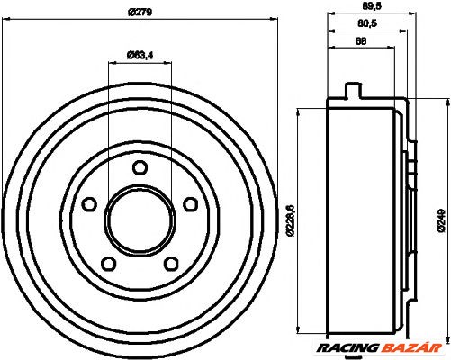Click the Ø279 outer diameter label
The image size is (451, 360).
click(138, 12)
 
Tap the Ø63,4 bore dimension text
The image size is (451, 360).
click(137, 56)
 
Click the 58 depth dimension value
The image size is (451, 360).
click(361, 41)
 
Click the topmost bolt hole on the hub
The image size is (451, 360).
click(139, 167)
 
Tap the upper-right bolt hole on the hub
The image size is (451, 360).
click(190, 204)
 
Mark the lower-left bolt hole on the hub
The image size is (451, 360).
click(107, 264)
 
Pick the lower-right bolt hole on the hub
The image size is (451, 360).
click(170, 264)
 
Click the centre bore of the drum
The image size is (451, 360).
click(139, 221)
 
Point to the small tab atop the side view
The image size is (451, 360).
click(353, 90)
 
